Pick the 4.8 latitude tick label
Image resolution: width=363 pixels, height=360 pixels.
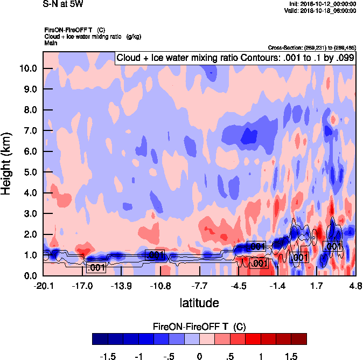click(355, 285)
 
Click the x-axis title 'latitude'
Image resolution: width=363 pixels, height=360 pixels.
click(199, 303)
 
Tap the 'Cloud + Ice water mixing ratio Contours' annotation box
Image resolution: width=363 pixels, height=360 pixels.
click(235, 58)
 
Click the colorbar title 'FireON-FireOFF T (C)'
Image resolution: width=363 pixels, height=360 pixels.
click(199, 326)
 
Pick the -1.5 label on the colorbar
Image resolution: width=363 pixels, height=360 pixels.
click(109, 356)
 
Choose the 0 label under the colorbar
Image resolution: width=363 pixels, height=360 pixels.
click(199, 356)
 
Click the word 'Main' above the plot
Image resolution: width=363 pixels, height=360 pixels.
click(51, 42)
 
